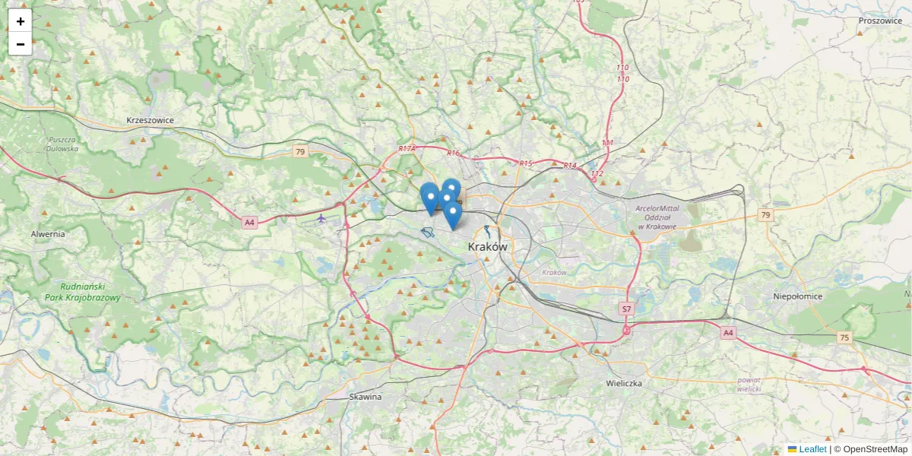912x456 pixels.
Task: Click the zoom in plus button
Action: [21, 21]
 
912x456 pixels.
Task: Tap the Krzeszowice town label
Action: [150, 120]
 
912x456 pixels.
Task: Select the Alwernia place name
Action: [48, 234]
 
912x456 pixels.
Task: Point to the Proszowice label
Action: [879, 21]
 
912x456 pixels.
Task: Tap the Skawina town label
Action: [366, 397]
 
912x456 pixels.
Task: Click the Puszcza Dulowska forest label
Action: [63, 144]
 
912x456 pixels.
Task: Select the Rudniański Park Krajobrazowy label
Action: [82, 293]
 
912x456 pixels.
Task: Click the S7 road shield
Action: [626, 309]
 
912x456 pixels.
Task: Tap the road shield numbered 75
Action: [844, 337]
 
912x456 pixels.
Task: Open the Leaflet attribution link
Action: [812, 449]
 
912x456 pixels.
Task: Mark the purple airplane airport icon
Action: [321, 218]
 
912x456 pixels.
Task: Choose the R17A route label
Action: [407, 149]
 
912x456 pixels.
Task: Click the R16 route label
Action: [454, 154]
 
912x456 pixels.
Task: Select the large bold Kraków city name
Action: [487, 247]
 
